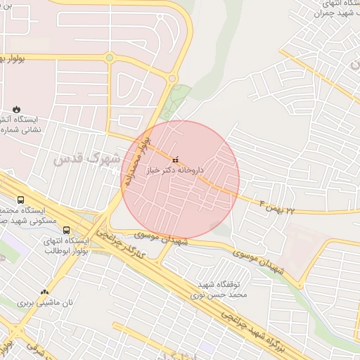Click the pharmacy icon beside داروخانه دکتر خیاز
176,158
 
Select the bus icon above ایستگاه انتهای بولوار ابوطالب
66,230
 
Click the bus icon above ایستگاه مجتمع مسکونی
20,200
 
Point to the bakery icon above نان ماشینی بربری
46,292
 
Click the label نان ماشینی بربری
46,303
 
